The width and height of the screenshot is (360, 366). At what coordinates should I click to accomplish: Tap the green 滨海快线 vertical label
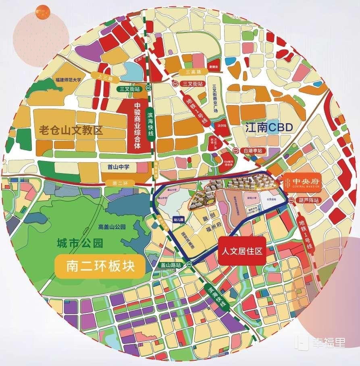(151, 124)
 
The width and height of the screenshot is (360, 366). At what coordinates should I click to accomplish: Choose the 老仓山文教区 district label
(71, 130)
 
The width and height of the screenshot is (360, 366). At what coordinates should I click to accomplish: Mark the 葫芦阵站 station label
(308, 200)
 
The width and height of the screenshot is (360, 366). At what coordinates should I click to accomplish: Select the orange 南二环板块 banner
(99, 266)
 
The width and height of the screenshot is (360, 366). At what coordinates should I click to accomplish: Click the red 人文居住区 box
(242, 251)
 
